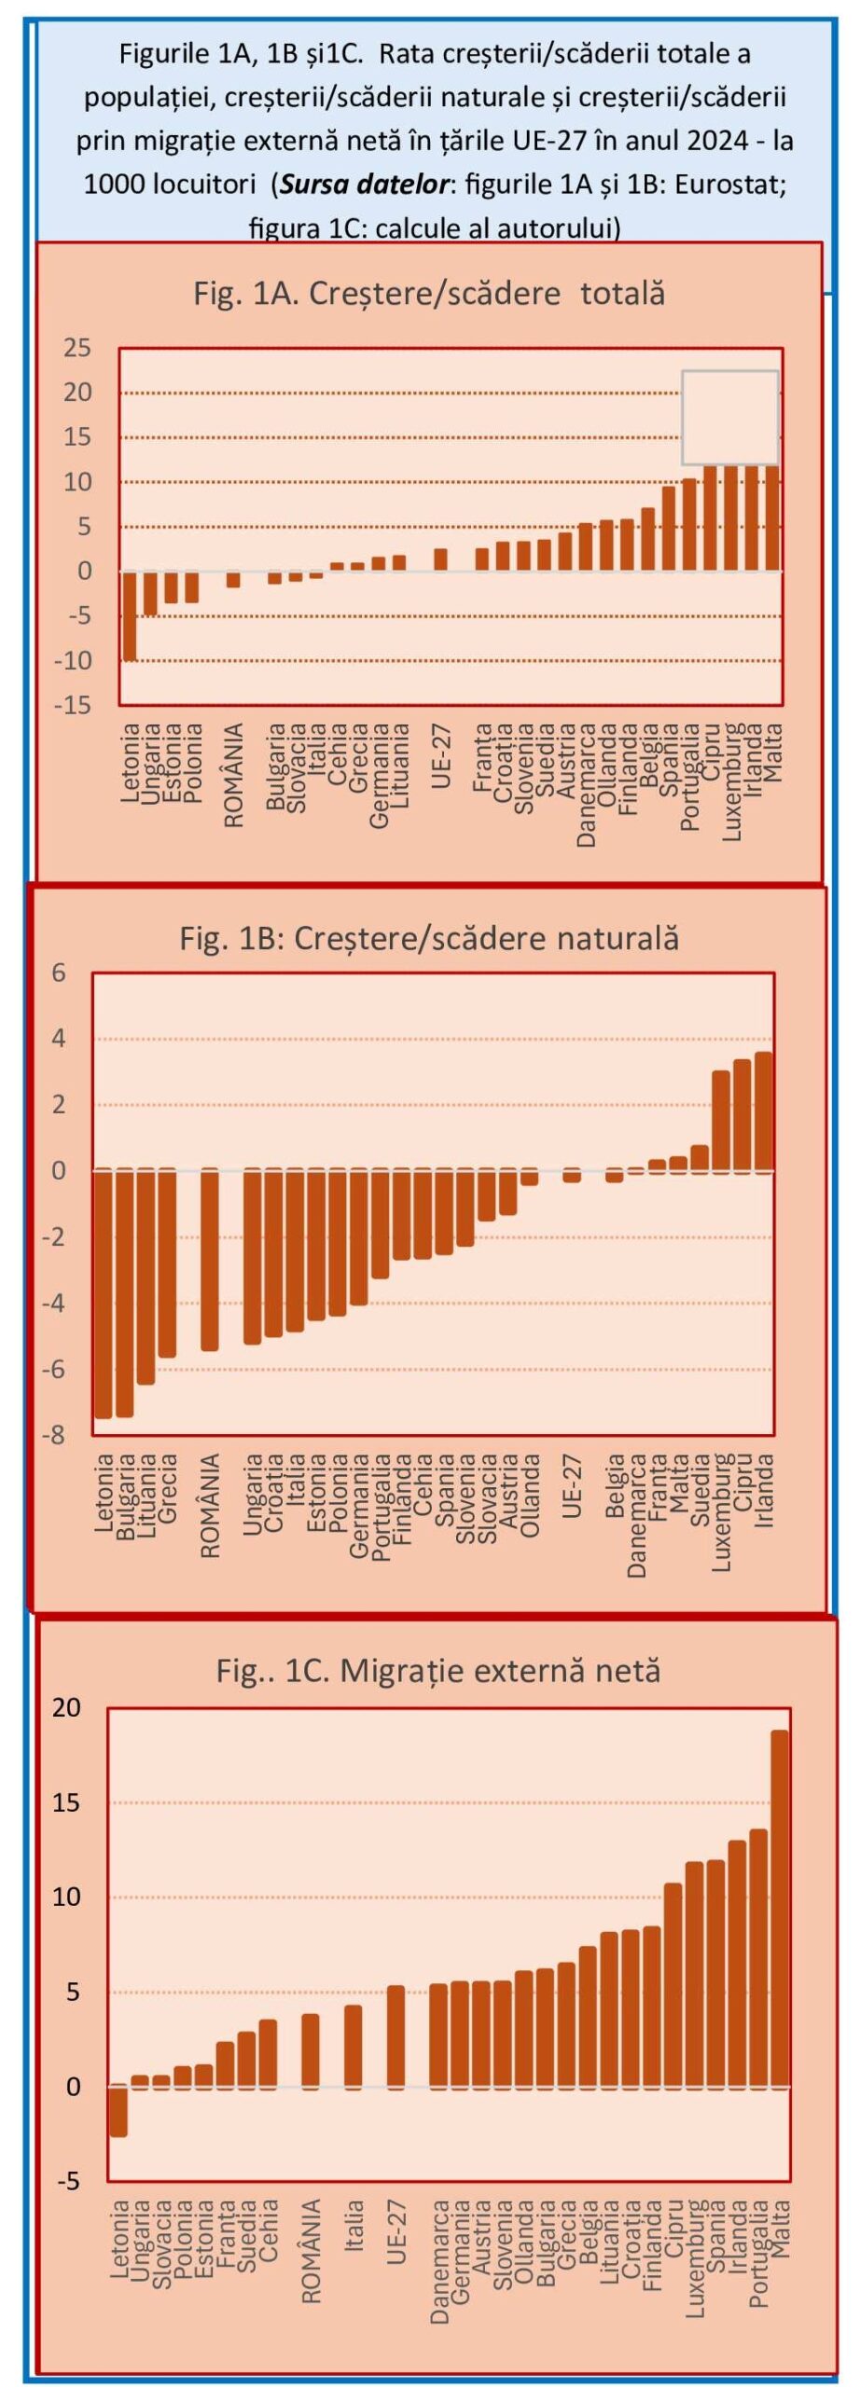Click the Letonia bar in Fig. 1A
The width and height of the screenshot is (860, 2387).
tap(130, 615)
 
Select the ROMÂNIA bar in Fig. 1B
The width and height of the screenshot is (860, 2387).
tap(210, 1259)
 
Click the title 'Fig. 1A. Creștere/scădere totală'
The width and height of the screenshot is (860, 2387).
tap(429, 294)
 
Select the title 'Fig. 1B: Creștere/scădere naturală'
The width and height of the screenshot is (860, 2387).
tap(429, 938)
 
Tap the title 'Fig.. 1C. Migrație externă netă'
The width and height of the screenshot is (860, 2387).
tap(437, 1670)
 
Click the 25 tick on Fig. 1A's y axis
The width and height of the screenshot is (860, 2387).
tap(77, 349)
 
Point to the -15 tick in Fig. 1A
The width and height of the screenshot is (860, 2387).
tap(74, 705)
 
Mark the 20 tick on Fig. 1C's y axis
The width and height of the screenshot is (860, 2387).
tap(67, 1707)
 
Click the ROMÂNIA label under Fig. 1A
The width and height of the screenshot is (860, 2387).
tap(234, 775)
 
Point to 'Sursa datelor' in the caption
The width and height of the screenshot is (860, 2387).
tap(365, 184)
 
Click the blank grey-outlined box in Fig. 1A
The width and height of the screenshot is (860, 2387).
tap(730, 417)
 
